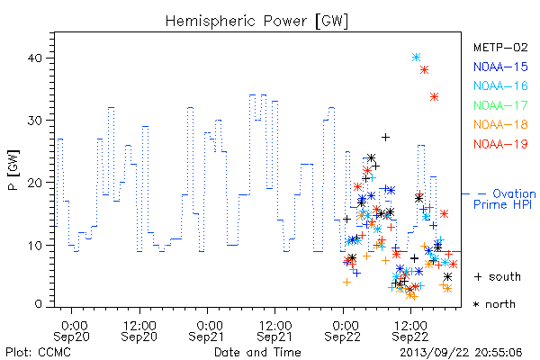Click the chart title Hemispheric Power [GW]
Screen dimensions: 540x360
pyautogui.click(x=256, y=22)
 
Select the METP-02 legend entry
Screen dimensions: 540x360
pyautogui.click(x=500, y=47)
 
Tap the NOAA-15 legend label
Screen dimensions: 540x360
pyautogui.click(x=500, y=67)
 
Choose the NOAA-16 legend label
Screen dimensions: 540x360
pyautogui.click(x=500, y=85)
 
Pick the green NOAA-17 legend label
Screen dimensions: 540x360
pyautogui.click(x=500, y=105)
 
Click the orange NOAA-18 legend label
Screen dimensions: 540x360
pyautogui.click(x=500, y=124)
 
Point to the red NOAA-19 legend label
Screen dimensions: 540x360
pyautogui.click(x=500, y=144)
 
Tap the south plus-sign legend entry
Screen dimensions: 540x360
pyautogui.click(x=498, y=276)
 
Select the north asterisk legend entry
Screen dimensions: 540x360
pyautogui.click(x=494, y=304)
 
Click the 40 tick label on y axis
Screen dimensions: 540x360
pyautogui.click(x=35, y=58)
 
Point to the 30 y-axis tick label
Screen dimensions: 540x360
pyautogui.click(x=35, y=121)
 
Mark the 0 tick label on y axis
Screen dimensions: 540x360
pyautogui.click(x=39, y=304)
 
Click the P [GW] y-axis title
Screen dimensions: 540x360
pyautogui.click(x=13, y=170)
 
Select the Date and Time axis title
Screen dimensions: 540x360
pyautogui.click(x=257, y=353)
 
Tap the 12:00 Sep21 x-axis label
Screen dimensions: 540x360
pyautogui.click(x=274, y=331)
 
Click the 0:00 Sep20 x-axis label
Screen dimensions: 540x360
pyautogui.click(x=71, y=331)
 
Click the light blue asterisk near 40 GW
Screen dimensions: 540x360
pyautogui.click(x=417, y=58)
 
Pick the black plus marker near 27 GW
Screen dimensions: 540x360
pyautogui.click(x=386, y=137)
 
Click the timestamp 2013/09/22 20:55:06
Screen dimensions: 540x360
pyautogui.click(x=461, y=353)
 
